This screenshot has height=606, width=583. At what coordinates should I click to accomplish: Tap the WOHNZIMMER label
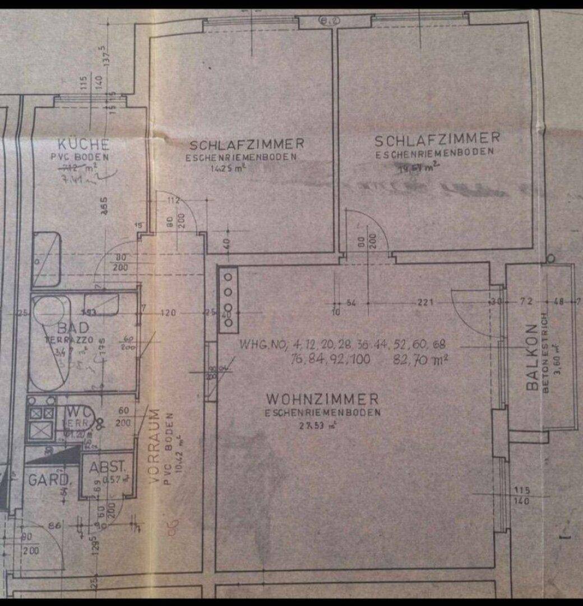[322, 400]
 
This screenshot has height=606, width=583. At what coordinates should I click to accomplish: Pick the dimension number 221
[425, 303]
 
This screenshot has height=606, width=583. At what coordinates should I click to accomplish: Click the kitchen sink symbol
[47, 259]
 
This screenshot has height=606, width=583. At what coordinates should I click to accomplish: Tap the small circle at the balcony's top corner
[551, 259]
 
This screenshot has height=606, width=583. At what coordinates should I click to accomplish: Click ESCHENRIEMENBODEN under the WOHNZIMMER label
[323, 412]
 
